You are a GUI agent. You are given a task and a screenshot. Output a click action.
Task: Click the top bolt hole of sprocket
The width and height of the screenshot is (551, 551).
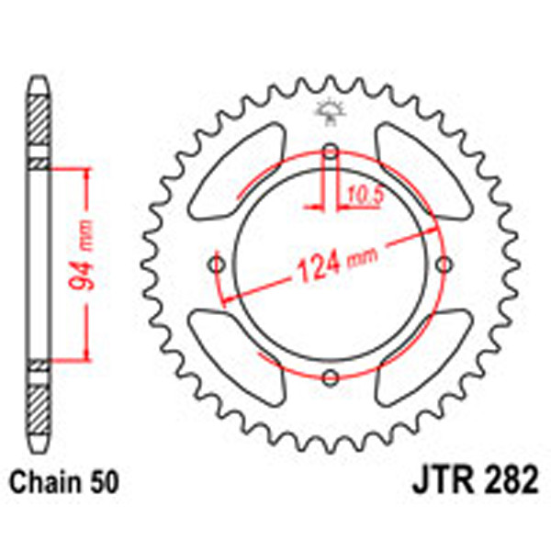[332, 152]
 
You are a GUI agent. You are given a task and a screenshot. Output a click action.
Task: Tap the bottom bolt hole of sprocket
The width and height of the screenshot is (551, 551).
[332, 377]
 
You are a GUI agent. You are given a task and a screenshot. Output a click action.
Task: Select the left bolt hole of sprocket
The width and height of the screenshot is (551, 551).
[218, 264]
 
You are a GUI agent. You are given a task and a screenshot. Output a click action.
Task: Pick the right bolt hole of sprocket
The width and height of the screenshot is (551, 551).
[445, 264]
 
